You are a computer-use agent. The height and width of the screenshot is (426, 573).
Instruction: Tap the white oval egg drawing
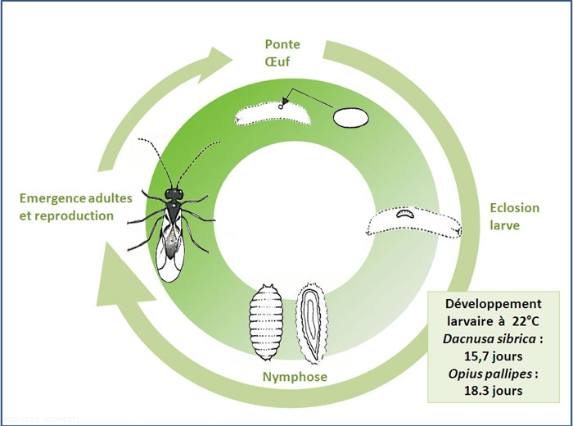click(351, 117)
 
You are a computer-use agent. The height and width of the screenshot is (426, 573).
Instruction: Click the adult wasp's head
click(174, 193)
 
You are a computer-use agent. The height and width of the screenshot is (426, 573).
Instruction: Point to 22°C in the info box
click(521, 321)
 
